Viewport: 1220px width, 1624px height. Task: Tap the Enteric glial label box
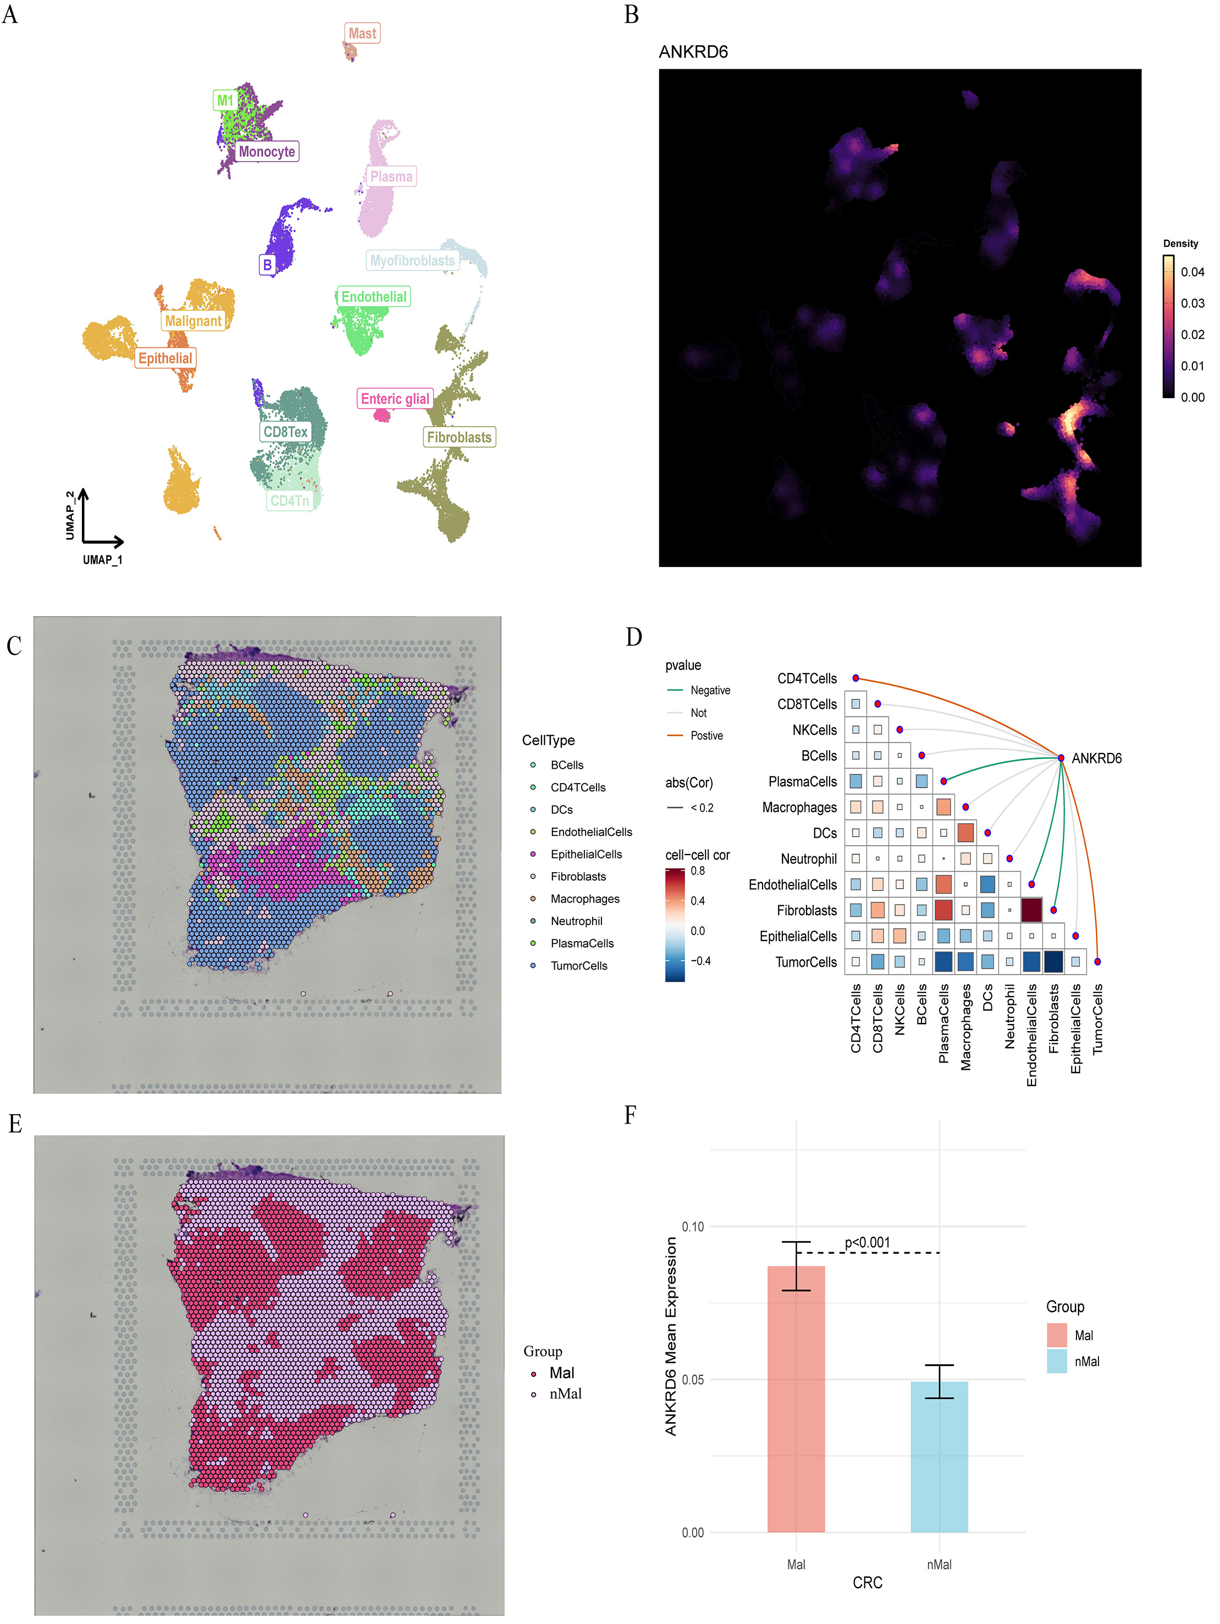[395, 399]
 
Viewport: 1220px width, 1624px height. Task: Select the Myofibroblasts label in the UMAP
[412, 261]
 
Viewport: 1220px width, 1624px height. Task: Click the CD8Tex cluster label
[285, 432]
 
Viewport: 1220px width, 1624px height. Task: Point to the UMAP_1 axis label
[102, 559]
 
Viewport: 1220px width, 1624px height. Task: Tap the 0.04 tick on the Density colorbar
[1191, 272]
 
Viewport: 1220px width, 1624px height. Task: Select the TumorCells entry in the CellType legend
[578, 966]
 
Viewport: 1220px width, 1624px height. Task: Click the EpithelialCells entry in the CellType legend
[586, 854]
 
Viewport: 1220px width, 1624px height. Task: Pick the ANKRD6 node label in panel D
[1096, 758]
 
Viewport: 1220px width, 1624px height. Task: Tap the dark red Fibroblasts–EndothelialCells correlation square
[1031, 910]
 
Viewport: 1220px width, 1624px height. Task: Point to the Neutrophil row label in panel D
[808, 859]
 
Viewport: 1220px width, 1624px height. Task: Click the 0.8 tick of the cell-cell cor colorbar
[697, 871]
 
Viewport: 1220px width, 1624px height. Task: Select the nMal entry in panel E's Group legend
[565, 1394]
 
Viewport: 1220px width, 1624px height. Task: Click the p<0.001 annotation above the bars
[867, 1242]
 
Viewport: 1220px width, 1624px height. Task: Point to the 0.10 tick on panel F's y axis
[692, 1227]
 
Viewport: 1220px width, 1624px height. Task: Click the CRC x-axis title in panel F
[867, 1582]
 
